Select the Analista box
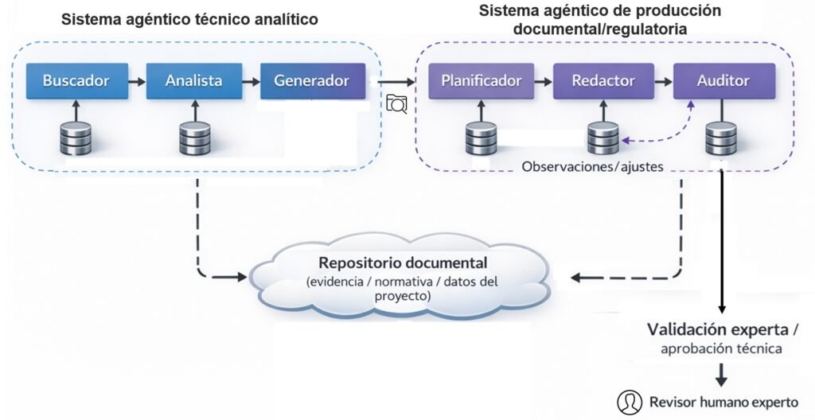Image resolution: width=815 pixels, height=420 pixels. point(194,81)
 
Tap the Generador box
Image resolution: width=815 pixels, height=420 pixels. point(311,81)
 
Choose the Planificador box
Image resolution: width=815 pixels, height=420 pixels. point(481,81)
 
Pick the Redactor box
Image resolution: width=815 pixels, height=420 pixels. point(603,81)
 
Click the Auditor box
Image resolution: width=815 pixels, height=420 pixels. point(723,81)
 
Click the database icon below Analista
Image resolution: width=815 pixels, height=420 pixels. point(194,138)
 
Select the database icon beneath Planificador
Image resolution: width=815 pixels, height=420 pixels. point(481,138)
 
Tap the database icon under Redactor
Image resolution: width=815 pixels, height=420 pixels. point(602,138)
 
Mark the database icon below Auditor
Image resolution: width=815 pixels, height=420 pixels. point(720,138)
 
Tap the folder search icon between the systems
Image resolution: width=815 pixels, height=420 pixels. point(396,103)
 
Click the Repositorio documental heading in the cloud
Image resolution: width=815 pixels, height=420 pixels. point(403,262)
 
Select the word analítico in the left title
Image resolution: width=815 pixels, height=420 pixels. point(283,19)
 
